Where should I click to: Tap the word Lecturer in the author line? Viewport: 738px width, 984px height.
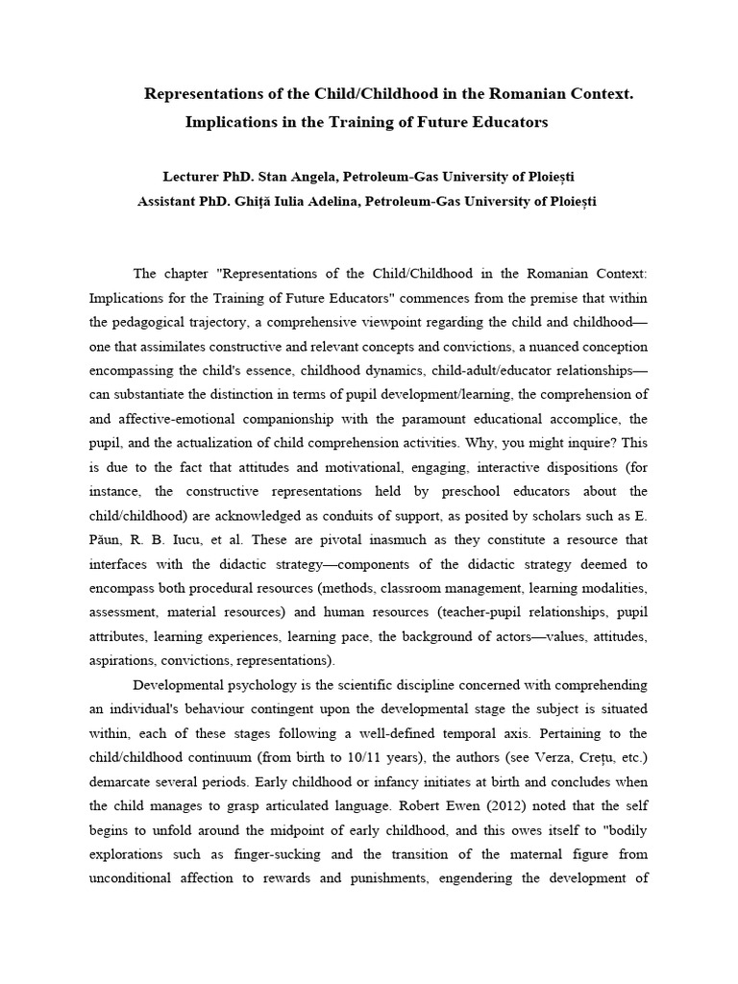point(193,178)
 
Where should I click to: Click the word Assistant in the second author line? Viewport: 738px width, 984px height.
point(169,201)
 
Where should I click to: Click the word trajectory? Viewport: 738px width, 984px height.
point(237,321)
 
